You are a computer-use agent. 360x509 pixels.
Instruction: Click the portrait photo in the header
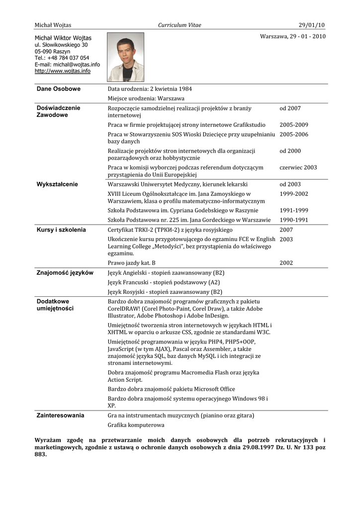(125, 57)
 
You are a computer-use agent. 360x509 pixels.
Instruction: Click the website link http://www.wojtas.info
(63, 71)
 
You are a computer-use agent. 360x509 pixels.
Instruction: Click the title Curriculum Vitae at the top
(180, 25)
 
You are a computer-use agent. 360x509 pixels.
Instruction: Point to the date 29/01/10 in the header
(312, 25)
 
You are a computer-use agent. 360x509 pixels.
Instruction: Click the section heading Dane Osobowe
(59, 89)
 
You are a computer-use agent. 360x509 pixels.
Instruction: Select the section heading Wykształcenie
(57, 184)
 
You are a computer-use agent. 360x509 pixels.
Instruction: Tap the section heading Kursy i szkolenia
(61, 230)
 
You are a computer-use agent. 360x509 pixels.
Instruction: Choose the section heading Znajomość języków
(65, 273)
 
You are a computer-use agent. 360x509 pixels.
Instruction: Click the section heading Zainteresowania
(60, 415)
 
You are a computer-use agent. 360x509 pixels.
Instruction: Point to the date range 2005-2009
(294, 125)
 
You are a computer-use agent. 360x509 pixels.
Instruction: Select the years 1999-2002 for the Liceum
(294, 194)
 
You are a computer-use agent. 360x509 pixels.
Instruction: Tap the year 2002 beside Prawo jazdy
(286, 263)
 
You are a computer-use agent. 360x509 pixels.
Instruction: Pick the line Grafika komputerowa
(136, 425)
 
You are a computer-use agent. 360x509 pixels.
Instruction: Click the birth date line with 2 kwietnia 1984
(150, 89)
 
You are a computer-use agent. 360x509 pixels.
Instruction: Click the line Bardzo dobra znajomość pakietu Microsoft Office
(172, 389)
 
